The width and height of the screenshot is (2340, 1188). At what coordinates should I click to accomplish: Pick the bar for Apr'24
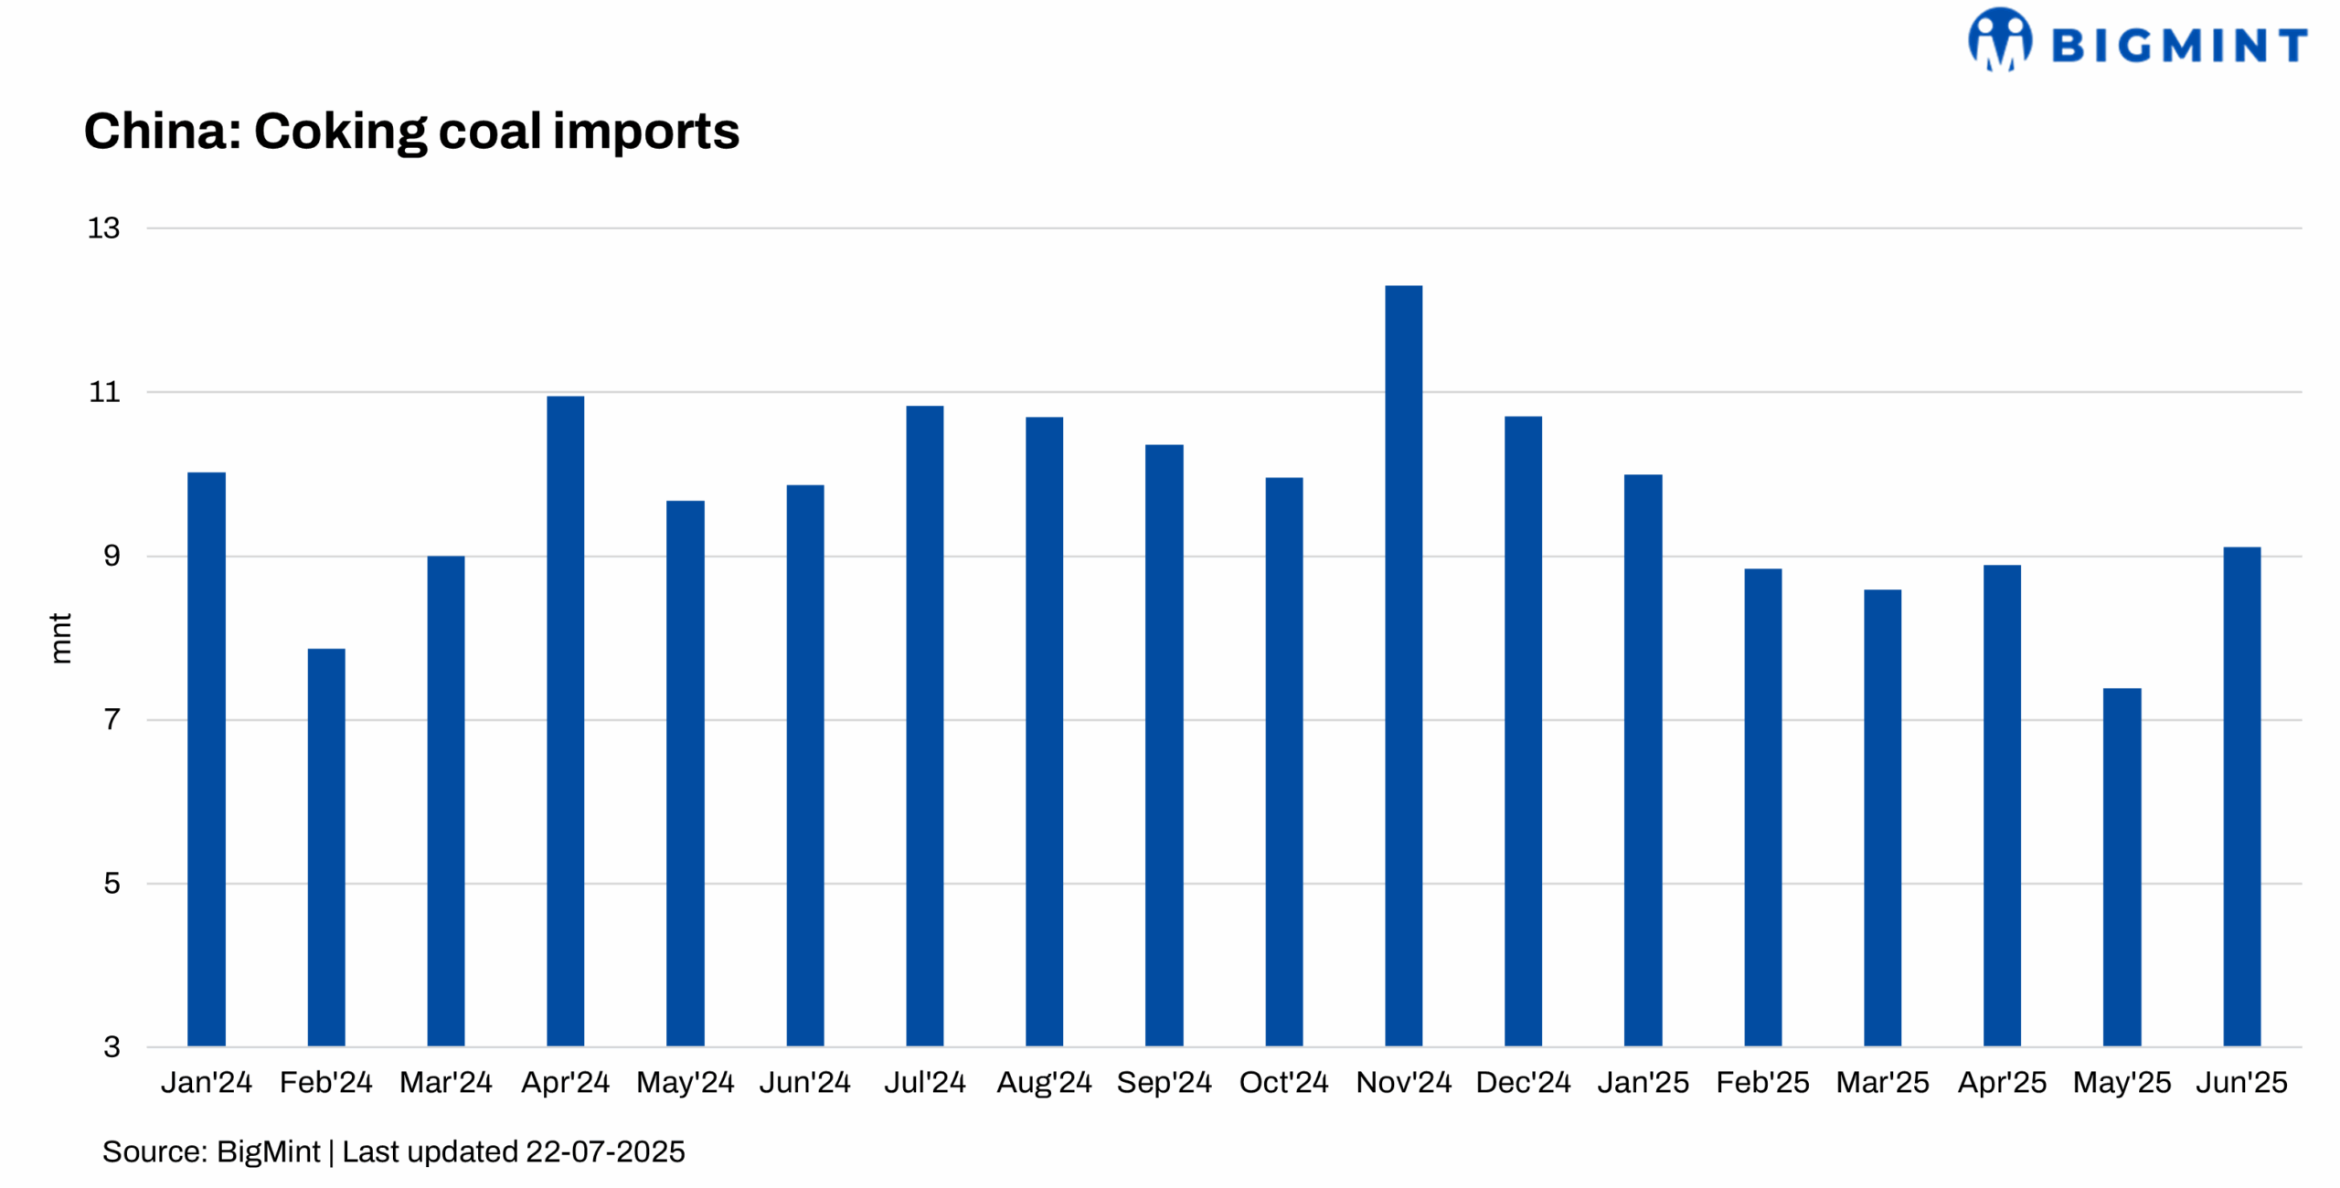click(x=566, y=721)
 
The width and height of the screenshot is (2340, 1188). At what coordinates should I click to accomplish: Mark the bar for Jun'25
click(x=2241, y=796)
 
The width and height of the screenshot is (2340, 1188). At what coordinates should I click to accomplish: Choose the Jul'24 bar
click(x=924, y=726)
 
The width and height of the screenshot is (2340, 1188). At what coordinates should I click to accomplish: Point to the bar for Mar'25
click(x=1882, y=817)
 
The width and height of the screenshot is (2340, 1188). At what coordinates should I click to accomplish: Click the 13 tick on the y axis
click(x=103, y=228)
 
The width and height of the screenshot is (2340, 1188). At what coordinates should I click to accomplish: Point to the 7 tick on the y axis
click(x=112, y=719)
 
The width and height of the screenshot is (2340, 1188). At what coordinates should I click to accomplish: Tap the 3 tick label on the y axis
click(x=112, y=1046)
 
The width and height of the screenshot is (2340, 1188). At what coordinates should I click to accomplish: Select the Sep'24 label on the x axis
click(x=1164, y=1082)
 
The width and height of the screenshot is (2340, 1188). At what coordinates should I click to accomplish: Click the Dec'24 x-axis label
click(x=1523, y=1082)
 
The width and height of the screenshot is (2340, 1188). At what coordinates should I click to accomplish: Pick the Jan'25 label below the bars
click(x=1643, y=1082)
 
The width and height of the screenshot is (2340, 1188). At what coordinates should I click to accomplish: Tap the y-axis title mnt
click(x=60, y=637)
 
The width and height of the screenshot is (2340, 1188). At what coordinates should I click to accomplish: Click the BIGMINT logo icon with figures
click(x=2000, y=39)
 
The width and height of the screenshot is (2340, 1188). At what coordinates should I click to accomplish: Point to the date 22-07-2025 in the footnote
click(x=605, y=1151)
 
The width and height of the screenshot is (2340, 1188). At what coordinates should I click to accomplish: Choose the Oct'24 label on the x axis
click(x=1283, y=1082)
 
